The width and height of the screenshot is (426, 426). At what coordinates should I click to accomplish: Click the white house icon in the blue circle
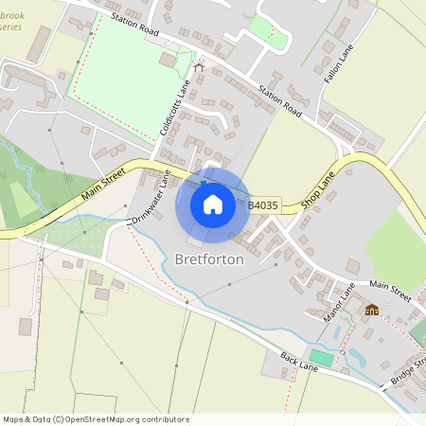(213, 204)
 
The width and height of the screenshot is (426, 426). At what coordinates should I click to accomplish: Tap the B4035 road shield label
(264, 204)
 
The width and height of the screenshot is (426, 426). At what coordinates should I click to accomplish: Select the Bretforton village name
(209, 259)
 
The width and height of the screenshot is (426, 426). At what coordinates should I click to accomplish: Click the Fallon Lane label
(338, 66)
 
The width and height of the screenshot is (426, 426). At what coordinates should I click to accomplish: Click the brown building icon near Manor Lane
(372, 310)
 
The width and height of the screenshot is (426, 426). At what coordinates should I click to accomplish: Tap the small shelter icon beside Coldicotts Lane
(199, 67)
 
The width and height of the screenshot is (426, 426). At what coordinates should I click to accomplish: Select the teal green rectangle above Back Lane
(322, 358)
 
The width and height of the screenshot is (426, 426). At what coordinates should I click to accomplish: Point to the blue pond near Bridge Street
(358, 358)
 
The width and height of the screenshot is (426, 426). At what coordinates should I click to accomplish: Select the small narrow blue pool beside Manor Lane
(342, 333)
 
